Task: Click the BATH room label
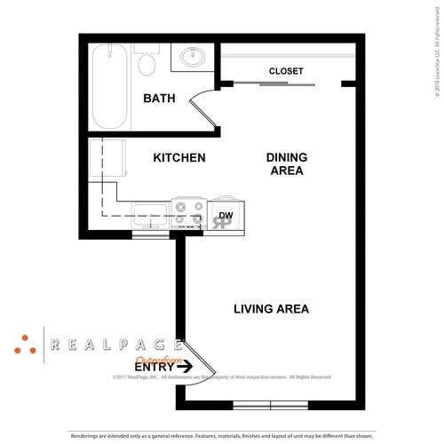click(x=159, y=98)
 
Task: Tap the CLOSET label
click(x=286, y=71)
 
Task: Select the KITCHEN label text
click(x=179, y=158)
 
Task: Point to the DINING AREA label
click(x=287, y=164)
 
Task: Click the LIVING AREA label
click(x=271, y=309)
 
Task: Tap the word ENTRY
click(x=154, y=366)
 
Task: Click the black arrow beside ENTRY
click(x=185, y=366)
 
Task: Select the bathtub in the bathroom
click(x=111, y=86)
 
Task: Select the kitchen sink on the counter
click(x=150, y=212)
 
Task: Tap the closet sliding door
click(x=286, y=85)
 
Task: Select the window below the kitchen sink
click(x=150, y=234)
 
